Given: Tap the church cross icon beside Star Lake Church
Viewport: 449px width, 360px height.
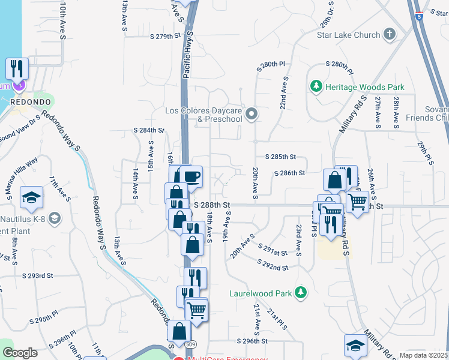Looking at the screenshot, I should [x=390, y=34].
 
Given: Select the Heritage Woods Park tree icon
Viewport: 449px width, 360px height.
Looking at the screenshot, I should [x=316, y=87].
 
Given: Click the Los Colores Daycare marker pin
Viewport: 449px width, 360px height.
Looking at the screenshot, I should [x=252, y=113].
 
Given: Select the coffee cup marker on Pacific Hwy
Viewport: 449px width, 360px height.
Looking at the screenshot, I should [x=191, y=176].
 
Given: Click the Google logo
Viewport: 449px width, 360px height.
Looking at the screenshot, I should [x=20, y=353].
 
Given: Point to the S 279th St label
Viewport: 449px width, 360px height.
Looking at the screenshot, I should [x=165, y=37].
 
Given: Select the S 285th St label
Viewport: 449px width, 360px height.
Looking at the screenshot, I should [x=280, y=157].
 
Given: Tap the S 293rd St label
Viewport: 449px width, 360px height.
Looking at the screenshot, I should [x=38, y=275].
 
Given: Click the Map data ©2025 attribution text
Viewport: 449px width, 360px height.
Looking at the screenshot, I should [x=424, y=355].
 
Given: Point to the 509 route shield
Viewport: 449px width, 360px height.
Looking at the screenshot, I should [x=190, y=344].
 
